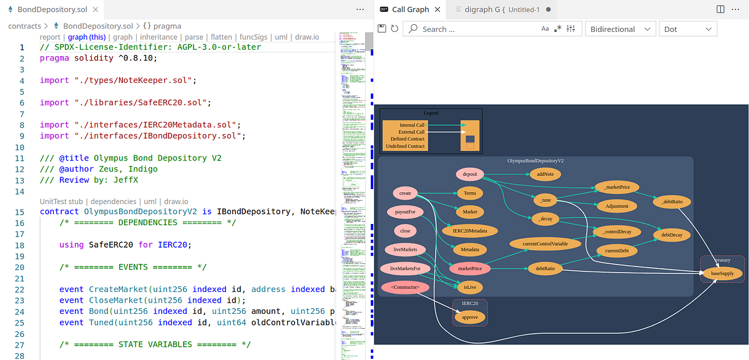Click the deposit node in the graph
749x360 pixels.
(x=470, y=174)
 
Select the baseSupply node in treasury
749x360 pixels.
(x=722, y=273)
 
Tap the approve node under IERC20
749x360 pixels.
(x=469, y=317)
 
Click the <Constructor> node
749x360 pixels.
(x=405, y=288)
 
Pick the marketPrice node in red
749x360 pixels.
(x=469, y=268)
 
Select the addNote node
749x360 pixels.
(x=545, y=174)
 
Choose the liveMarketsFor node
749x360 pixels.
(x=405, y=268)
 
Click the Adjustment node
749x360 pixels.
(x=617, y=205)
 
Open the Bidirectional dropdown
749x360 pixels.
(x=620, y=29)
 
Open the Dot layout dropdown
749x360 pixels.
(x=688, y=29)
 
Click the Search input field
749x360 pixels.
(x=474, y=29)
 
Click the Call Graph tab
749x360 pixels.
(x=410, y=9)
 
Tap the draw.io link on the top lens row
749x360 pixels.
(x=306, y=37)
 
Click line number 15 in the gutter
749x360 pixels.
(x=21, y=212)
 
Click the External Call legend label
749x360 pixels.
(x=412, y=132)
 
